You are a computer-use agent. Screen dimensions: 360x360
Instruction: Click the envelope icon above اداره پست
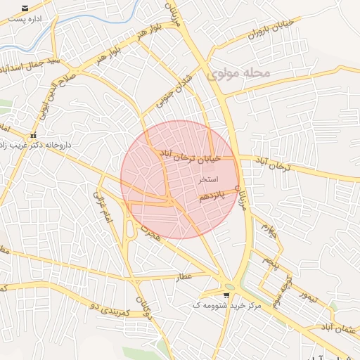pos(25,8)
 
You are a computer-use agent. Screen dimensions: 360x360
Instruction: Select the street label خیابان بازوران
pos(262,30)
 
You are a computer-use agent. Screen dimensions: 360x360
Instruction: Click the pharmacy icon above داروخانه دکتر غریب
pos(32,136)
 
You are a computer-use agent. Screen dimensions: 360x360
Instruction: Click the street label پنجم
pos(271,261)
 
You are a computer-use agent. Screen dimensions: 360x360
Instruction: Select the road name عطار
pos(184,276)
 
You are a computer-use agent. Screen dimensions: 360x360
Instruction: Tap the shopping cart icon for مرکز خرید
pos(226,295)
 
